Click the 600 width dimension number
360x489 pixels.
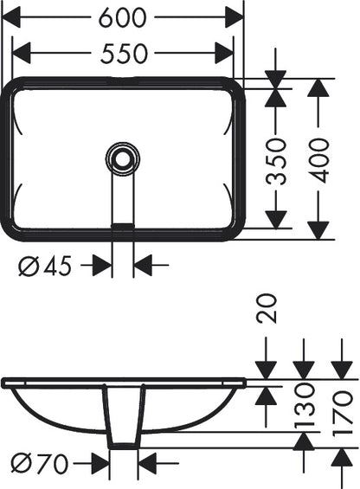[122, 17]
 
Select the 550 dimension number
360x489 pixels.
[124, 54]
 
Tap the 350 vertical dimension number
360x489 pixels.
[275, 162]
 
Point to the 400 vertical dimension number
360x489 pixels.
[318, 161]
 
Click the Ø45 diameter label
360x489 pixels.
[45, 266]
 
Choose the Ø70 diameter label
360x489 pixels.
[39, 463]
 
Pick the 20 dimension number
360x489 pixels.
[266, 308]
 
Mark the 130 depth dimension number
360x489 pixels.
[304, 405]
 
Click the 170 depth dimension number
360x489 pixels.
[342, 412]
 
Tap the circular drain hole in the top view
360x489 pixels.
[122, 158]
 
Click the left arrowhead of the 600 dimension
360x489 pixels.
[11, 17]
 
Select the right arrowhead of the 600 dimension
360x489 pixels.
[234, 17]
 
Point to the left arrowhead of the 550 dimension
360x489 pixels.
[22, 54]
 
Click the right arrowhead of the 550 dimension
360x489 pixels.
[224, 54]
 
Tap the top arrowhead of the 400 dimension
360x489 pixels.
[318, 87]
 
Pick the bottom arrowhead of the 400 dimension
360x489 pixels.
[318, 230]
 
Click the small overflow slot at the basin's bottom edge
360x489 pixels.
[123, 225]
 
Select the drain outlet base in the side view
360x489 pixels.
[123, 446]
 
